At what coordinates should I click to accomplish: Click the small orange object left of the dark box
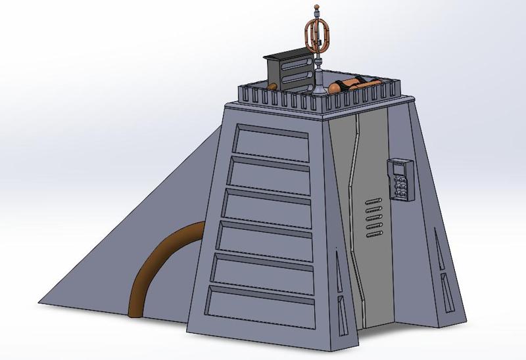(x=271, y=87)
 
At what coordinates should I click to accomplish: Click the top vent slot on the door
(x=373, y=199)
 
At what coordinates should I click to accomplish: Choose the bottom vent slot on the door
(x=373, y=231)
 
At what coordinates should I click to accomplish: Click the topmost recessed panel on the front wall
(x=271, y=145)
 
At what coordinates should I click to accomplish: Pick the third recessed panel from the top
(x=268, y=206)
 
